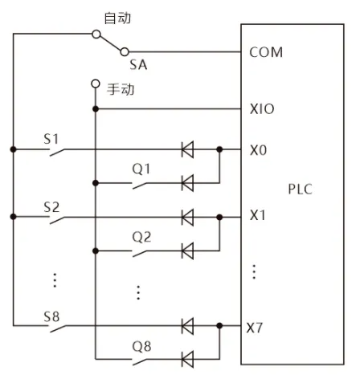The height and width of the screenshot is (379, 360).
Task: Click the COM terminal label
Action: tap(266, 52)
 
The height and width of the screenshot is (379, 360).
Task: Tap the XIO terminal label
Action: tap(262, 109)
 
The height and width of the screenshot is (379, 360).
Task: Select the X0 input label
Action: tap(258, 150)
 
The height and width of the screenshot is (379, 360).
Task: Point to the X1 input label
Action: tap(257, 215)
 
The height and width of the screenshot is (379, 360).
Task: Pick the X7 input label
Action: tap(255, 328)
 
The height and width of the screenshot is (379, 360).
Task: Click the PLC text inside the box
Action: tap(300, 189)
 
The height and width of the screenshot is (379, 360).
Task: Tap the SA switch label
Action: tap(138, 65)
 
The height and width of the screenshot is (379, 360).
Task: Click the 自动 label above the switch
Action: tap(117, 18)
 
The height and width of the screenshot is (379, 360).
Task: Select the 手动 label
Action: tap(121, 89)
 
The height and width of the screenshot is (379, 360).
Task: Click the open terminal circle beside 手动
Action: tap(96, 84)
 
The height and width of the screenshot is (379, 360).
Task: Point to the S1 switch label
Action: tap(51, 139)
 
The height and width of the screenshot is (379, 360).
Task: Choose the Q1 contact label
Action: tap(141, 169)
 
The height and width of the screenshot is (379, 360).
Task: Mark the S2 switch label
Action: tap(51, 207)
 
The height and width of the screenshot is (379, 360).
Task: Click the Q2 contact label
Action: tap(141, 237)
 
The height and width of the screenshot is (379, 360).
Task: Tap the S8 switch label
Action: tap(51, 316)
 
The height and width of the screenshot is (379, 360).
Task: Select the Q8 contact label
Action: tap(141, 346)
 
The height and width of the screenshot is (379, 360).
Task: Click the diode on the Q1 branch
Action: tap(187, 183)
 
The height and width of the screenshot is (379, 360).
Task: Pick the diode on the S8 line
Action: tap(187, 326)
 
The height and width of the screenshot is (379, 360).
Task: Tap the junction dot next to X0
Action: tap(219, 149)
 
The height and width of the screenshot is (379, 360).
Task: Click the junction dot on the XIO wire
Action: tap(96, 109)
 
